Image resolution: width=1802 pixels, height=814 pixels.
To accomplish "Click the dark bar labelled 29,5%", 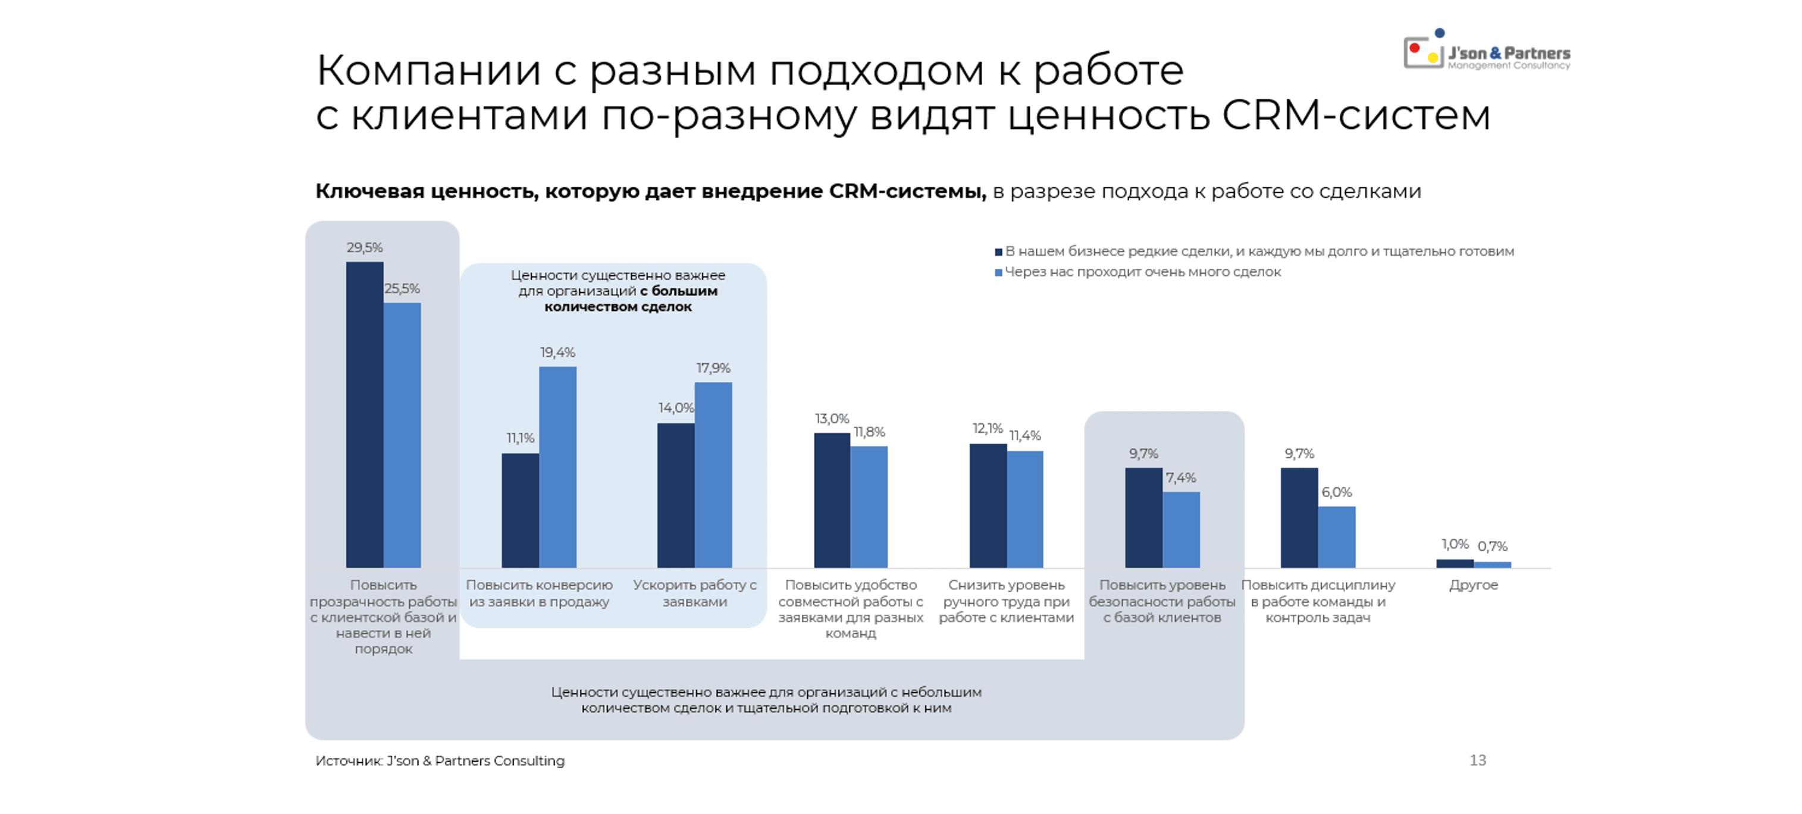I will pos(365,414).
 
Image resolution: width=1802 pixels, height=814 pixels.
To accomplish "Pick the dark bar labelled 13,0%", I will pos(832,499).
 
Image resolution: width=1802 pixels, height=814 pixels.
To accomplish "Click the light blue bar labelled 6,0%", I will pos(1336,536).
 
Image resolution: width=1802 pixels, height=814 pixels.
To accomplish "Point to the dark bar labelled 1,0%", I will pos(1455,563).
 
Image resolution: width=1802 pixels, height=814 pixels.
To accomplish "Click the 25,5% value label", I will pos(402,289).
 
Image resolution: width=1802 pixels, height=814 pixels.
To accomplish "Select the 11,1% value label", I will pos(521,438).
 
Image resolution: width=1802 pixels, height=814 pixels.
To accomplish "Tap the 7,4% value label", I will pos(1181,478).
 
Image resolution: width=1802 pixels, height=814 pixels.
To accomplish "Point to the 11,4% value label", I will pos(1025,436).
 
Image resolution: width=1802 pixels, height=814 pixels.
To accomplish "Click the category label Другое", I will pos(1473,585).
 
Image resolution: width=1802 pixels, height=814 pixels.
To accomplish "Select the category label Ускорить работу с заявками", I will pos(695,593).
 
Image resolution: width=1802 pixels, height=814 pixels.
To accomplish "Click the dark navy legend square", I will pos(999,252).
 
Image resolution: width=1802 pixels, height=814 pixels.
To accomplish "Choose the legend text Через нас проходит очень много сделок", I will pos(1142,272).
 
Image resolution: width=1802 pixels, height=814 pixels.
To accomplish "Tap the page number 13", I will pos(1477,760).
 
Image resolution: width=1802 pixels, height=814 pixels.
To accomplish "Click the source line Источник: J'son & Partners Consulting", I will pos(439,761).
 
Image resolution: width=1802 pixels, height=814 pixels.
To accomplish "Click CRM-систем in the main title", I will pos(1355,115).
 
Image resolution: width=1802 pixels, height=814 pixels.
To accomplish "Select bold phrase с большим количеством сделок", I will pos(629,299).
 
